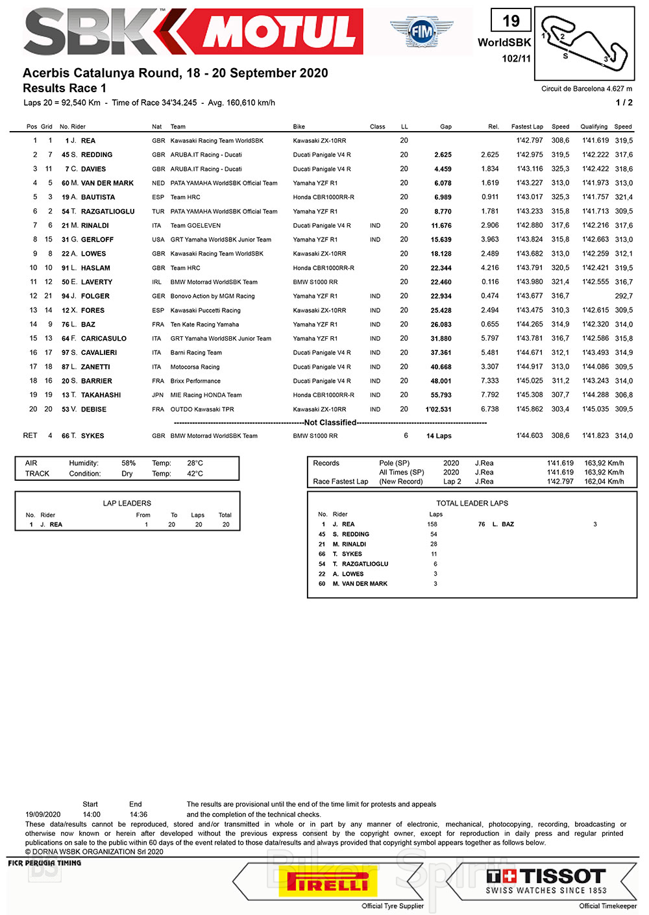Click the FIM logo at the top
tap(422, 30)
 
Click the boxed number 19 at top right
tap(511, 21)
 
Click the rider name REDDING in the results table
tap(97, 155)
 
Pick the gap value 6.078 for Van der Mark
tap(443, 183)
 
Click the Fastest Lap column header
tap(527, 127)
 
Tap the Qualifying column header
tap(594, 127)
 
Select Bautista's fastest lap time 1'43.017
tap(530, 197)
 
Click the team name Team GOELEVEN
tap(195, 226)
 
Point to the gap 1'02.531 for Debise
tap(438, 409)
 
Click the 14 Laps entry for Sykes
tap(439, 436)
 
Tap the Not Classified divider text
tap(330, 422)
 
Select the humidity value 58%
tap(129, 463)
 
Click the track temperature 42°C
tap(195, 474)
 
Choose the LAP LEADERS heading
tap(127, 503)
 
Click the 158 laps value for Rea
tap(432, 524)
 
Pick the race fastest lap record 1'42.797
tap(560, 482)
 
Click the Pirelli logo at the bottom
tap(328, 883)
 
